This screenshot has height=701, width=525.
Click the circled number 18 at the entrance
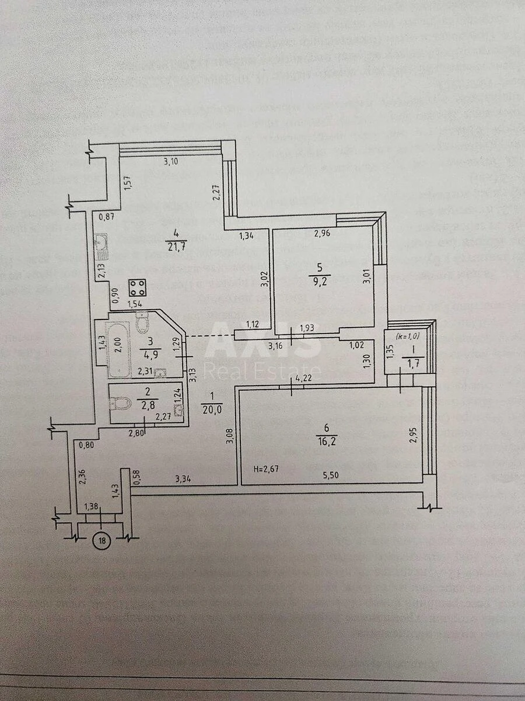pos(103,541)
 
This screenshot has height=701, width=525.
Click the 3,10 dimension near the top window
pos(171,162)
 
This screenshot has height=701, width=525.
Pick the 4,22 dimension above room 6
pos(302,378)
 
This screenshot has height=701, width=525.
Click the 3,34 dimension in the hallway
pos(184,479)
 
